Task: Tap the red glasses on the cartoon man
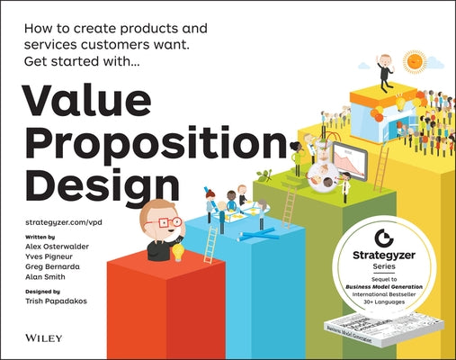(168, 221)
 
